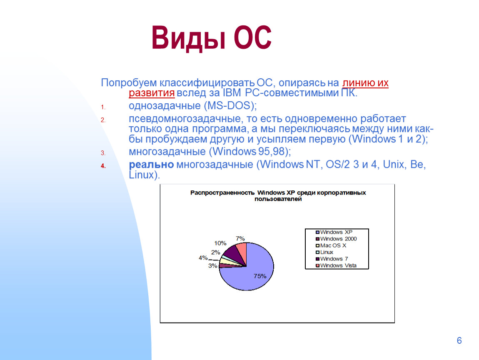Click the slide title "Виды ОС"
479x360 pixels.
(x=212, y=38)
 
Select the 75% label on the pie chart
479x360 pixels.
(x=260, y=276)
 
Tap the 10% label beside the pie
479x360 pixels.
(x=220, y=243)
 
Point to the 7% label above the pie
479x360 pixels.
(x=240, y=238)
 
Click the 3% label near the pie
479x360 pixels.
(x=212, y=265)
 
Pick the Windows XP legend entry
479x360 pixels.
(x=334, y=232)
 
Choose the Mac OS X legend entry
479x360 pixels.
(x=331, y=245)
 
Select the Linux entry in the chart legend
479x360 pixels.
(x=324, y=252)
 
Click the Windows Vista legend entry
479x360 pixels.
(x=336, y=265)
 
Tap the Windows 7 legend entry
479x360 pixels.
(x=332, y=259)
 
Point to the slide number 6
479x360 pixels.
(x=459, y=340)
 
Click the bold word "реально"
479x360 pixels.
(x=151, y=165)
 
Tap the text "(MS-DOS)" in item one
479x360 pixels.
(x=230, y=106)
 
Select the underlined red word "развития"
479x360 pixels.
(x=152, y=92)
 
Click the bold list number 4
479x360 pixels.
(x=103, y=166)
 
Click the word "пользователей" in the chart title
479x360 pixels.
(x=278, y=199)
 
